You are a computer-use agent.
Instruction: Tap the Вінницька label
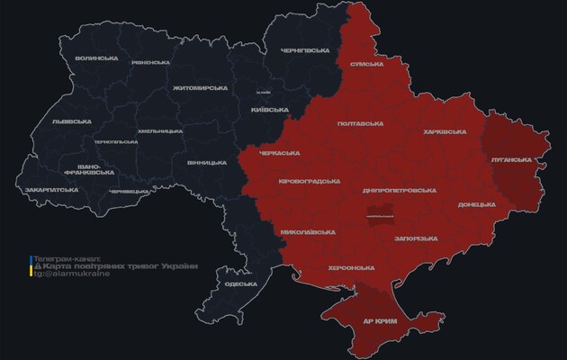click(207, 163)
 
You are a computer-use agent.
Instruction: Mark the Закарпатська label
click(49, 191)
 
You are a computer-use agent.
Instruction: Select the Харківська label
click(444, 132)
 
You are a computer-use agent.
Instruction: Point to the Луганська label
click(511, 159)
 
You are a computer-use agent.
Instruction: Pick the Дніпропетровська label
click(400, 191)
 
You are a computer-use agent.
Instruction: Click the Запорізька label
click(417, 238)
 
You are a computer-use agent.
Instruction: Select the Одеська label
click(240, 284)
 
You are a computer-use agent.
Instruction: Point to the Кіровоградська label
click(310, 180)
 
